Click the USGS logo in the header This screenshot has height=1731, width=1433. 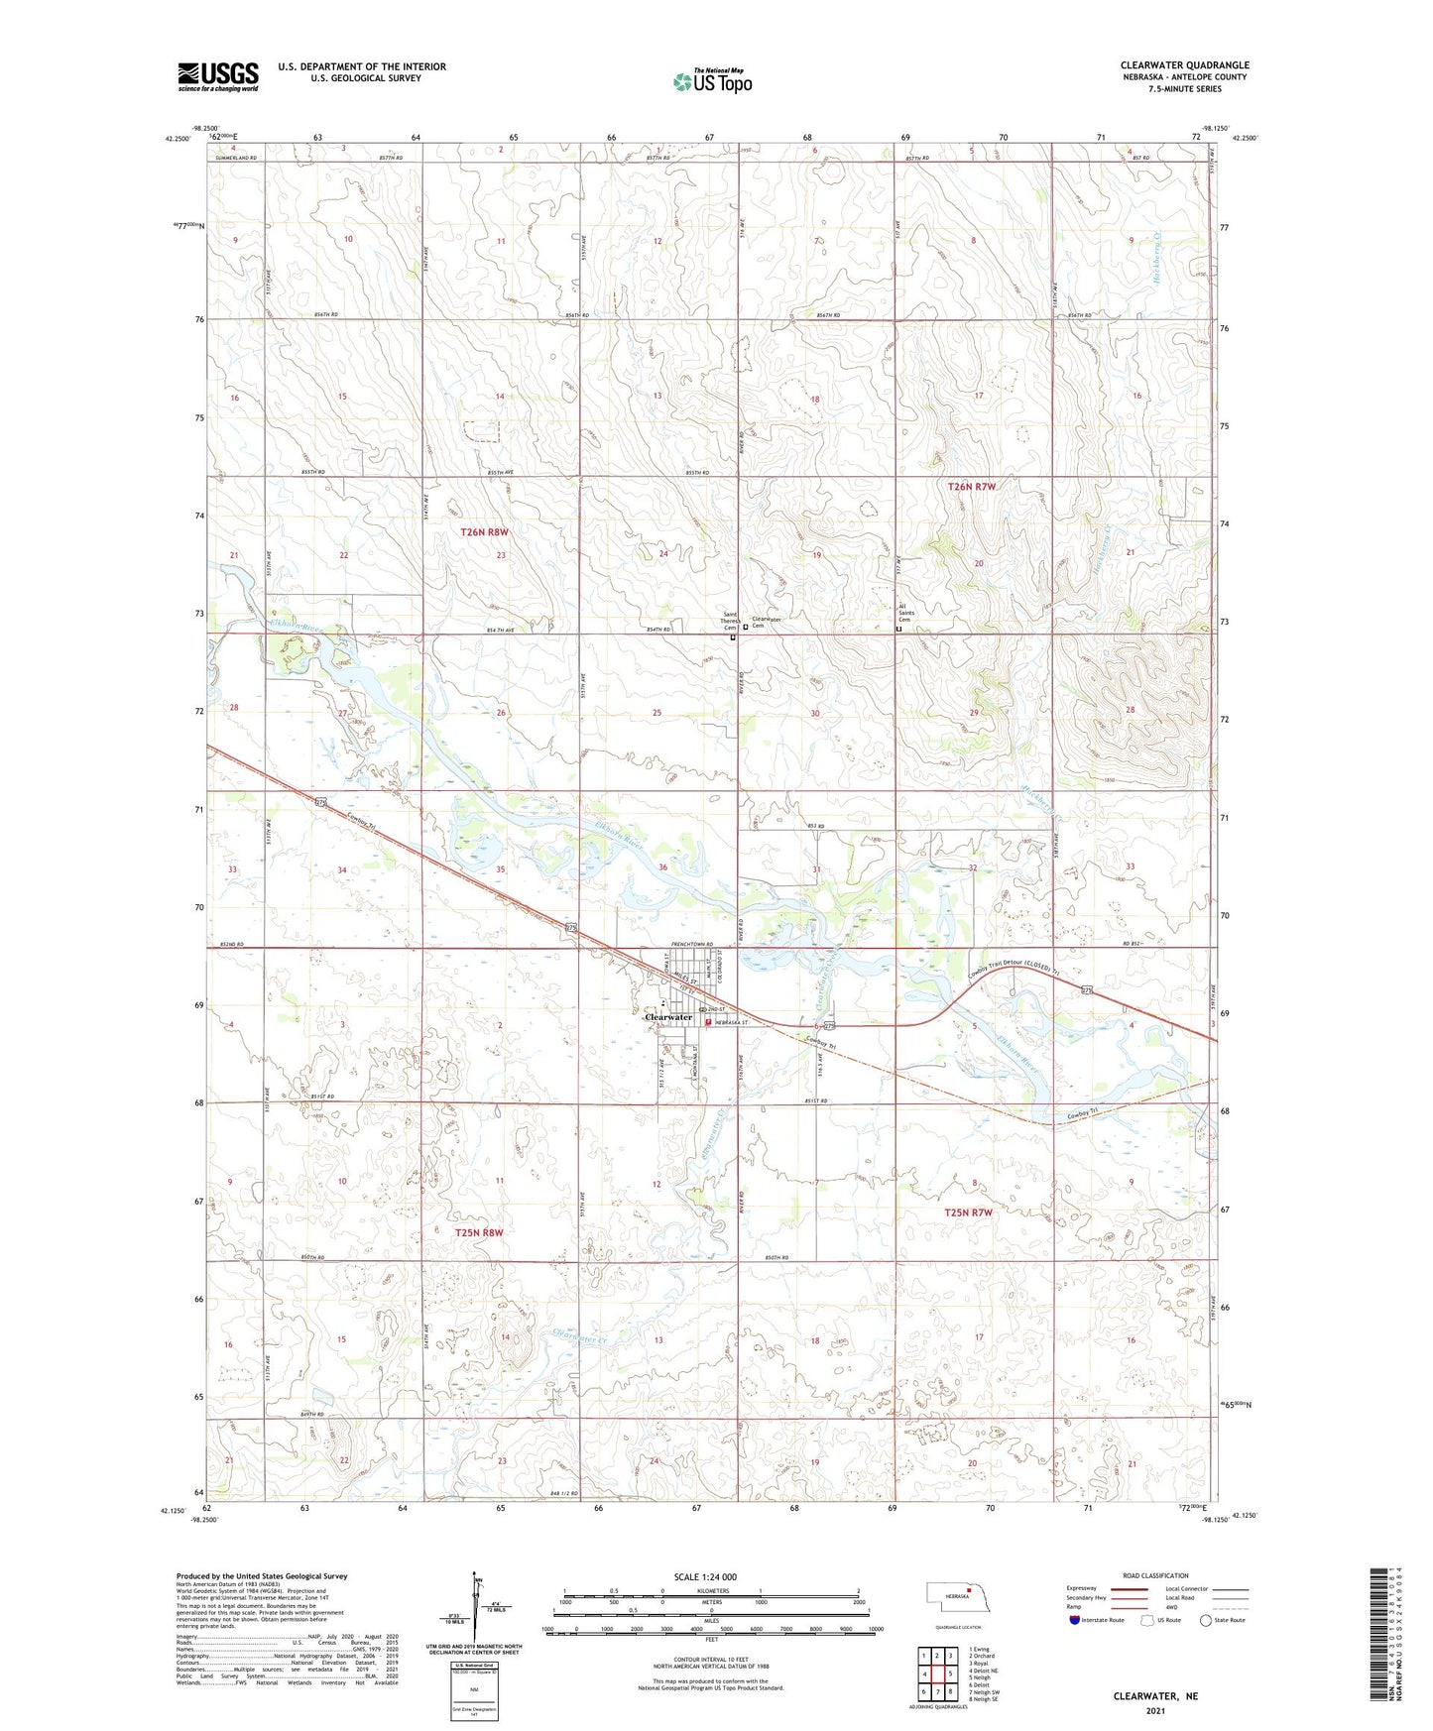pos(218,76)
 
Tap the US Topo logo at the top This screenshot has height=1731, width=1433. pos(712,81)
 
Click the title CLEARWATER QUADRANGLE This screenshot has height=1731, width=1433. pos(1184,65)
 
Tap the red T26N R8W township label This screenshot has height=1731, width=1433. pos(484,532)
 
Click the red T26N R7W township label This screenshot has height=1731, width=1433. pos(971,487)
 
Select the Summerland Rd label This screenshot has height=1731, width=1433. pos(232,159)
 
